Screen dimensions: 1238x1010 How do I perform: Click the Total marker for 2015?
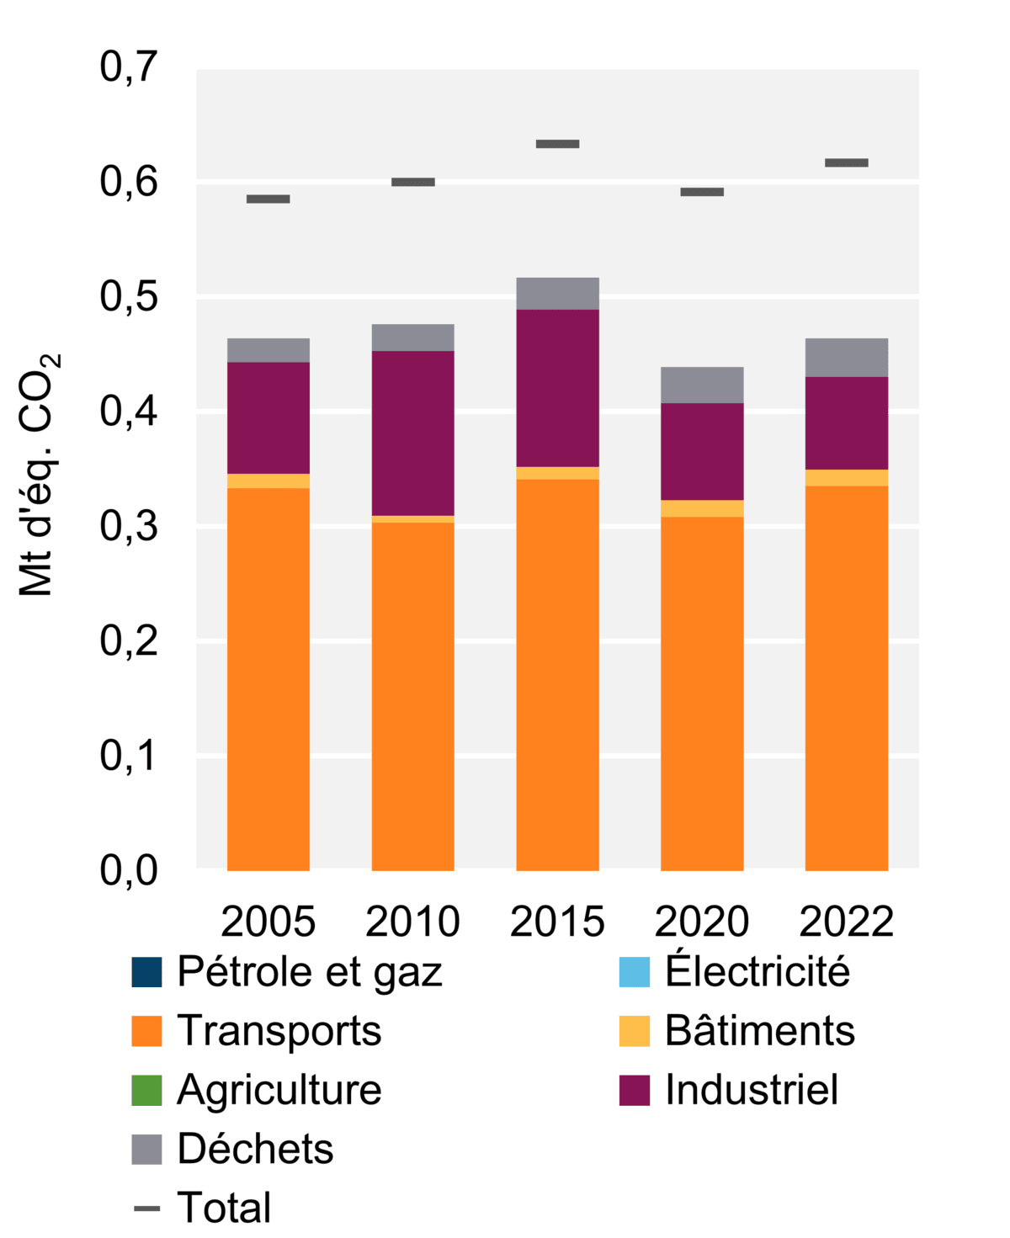pyautogui.click(x=557, y=144)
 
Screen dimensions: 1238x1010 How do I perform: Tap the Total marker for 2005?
pyautogui.click(x=268, y=199)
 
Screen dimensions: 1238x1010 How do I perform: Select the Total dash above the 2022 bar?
pyautogui.click(x=846, y=162)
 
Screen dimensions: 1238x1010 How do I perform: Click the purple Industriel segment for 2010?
pyautogui.click(x=412, y=433)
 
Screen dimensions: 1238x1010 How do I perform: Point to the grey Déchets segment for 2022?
pyautogui.click(x=846, y=358)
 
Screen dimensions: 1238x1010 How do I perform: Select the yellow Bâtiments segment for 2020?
pyautogui.click(x=701, y=508)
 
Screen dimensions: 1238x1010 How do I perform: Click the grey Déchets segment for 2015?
pyautogui.click(x=557, y=294)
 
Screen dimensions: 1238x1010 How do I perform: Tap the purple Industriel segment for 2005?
pyautogui.click(x=268, y=417)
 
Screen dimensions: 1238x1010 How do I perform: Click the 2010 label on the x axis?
pyautogui.click(x=412, y=922)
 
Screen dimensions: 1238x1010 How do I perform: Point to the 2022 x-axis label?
pyautogui.click(x=846, y=922)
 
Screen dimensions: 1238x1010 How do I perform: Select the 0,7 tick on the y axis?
pyautogui.click(x=129, y=67)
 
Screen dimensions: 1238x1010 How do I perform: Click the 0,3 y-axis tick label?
pyautogui.click(x=129, y=527)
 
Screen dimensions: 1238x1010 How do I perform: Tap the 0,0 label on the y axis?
pyautogui.click(x=129, y=871)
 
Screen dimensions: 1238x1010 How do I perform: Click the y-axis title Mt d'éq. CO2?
pyautogui.click(x=39, y=476)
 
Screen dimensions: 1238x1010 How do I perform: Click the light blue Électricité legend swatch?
pyautogui.click(x=634, y=972)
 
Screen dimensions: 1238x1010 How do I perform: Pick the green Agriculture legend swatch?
pyautogui.click(x=146, y=1090)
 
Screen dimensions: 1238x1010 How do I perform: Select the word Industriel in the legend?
pyautogui.click(x=751, y=1090)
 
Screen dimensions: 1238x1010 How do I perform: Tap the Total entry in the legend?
pyautogui.click(x=224, y=1208)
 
